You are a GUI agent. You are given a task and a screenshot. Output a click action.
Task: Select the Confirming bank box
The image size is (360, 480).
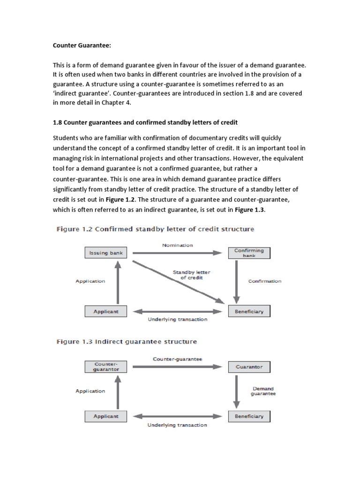[x=249, y=253]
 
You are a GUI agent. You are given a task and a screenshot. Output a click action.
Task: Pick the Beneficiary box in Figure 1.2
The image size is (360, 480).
[x=249, y=311]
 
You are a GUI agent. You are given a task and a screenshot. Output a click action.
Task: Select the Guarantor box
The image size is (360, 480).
[x=249, y=367]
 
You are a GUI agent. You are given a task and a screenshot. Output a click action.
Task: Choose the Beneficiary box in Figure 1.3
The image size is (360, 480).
[x=249, y=416]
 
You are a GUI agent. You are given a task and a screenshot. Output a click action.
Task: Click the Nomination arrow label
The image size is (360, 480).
[x=177, y=245]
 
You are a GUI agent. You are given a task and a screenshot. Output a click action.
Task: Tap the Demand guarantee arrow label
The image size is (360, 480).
[x=263, y=391]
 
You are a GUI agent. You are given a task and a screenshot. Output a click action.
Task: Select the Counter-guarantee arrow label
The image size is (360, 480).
[x=177, y=359]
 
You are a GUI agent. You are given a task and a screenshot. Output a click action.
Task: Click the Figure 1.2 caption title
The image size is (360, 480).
[x=155, y=229]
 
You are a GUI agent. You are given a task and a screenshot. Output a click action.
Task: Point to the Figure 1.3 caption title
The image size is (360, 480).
[x=127, y=341]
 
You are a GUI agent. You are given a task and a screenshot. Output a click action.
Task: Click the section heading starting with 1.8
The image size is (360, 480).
[x=145, y=122]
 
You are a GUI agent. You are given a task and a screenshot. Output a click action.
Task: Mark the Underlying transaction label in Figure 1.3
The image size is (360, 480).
[x=177, y=425]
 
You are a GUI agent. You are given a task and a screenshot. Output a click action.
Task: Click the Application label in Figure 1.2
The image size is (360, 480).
[x=90, y=281]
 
